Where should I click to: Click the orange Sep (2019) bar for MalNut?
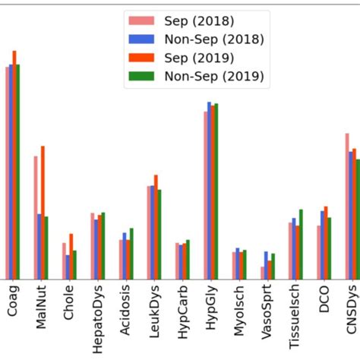(x=43, y=213)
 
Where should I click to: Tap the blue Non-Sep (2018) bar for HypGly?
(x=209, y=191)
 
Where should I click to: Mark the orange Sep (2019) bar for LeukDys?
(x=156, y=227)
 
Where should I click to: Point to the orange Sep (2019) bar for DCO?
(x=325, y=243)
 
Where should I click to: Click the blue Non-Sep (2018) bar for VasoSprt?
(x=266, y=266)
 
